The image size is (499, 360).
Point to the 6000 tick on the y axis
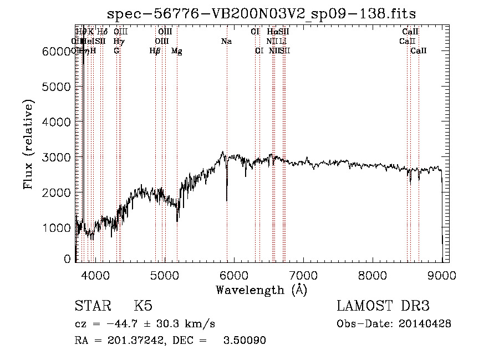coord(55,52)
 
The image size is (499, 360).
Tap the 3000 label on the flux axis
coord(55,157)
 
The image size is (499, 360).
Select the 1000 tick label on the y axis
coord(55,227)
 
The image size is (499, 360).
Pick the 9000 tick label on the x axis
coord(441,275)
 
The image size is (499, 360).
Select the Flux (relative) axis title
coord(28,144)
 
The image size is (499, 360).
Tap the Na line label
coord(226,41)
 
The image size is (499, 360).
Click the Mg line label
coord(176,51)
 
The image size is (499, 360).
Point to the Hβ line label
coord(155,51)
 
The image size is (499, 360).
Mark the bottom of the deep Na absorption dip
coord(227,200)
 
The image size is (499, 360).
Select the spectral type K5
coord(143,306)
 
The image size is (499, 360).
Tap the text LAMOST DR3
coord(383,306)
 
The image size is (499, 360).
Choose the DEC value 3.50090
coord(244,341)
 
